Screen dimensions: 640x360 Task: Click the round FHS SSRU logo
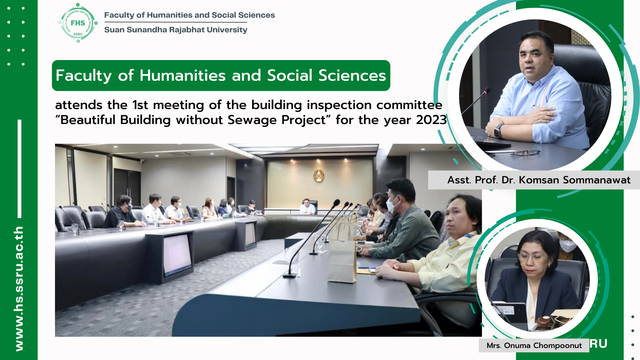click(78, 23)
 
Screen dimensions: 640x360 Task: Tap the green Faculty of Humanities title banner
click(221, 75)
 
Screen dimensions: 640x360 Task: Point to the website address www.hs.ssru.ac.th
click(19, 288)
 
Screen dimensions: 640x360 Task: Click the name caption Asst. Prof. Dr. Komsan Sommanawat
click(539, 180)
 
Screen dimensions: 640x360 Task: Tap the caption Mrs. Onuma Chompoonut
click(534, 345)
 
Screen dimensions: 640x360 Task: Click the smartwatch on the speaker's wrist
click(498, 130)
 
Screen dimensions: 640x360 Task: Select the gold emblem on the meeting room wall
click(319, 176)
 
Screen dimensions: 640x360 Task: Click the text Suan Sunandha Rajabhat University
click(176, 30)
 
